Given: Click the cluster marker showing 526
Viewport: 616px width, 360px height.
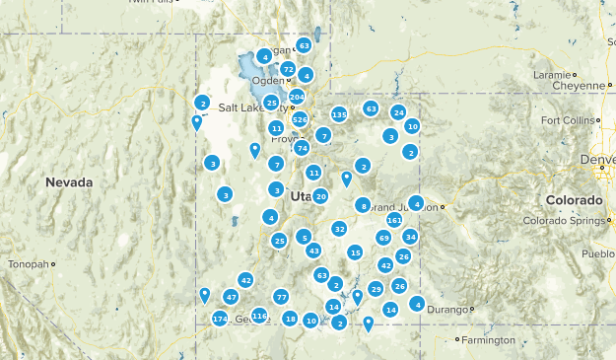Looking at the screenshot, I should [x=300, y=119].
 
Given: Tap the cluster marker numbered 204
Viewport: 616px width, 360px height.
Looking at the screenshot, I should [x=297, y=97].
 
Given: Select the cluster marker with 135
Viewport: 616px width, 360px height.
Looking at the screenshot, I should [x=339, y=114].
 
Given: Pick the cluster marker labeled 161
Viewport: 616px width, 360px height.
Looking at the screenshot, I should [x=394, y=220].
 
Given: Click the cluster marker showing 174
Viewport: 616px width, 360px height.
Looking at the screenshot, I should [x=220, y=319].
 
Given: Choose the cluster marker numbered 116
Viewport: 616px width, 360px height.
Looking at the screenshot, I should [x=259, y=316].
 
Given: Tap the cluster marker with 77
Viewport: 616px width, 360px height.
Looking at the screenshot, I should [x=281, y=297].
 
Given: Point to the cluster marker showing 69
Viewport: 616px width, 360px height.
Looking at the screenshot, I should [x=383, y=238].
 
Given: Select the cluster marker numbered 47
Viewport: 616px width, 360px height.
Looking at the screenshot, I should [x=231, y=297].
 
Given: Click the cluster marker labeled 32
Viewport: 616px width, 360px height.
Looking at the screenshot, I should [x=339, y=229].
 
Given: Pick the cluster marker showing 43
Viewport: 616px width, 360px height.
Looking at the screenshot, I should [x=313, y=251].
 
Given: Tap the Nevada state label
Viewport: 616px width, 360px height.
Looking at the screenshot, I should [x=69, y=182].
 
